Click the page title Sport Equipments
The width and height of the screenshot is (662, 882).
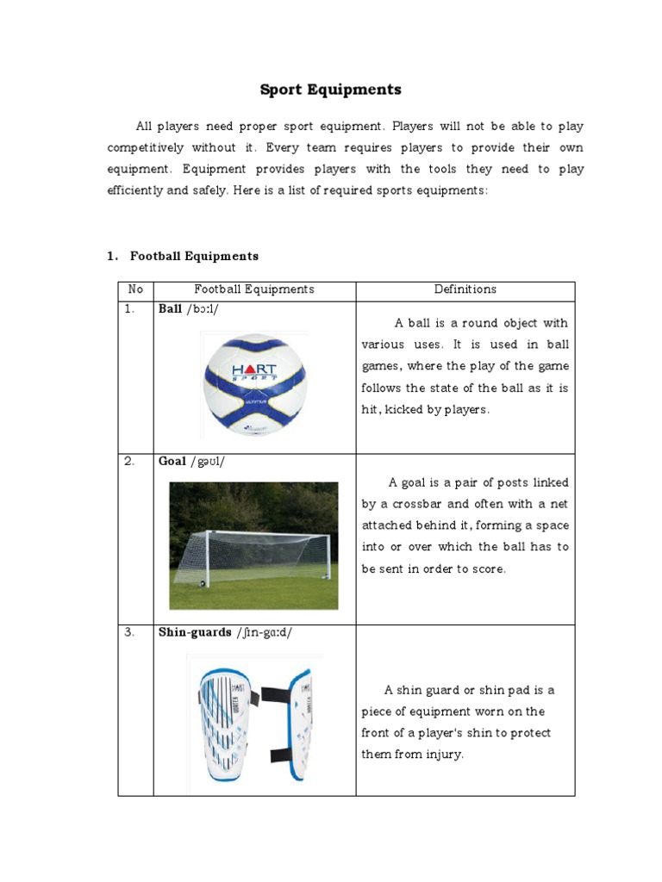click(331, 90)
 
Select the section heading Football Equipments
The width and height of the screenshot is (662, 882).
click(194, 256)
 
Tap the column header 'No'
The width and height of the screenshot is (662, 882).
click(135, 290)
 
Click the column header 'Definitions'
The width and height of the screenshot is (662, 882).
click(465, 290)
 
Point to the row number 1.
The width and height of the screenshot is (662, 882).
click(129, 310)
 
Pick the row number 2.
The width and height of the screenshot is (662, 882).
click(129, 462)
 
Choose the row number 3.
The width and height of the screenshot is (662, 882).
click(129, 632)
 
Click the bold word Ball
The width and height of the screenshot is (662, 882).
click(170, 310)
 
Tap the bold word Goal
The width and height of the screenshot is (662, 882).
click(172, 462)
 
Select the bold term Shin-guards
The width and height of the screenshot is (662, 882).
click(195, 632)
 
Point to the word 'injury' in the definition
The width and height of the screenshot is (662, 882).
click(441, 755)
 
